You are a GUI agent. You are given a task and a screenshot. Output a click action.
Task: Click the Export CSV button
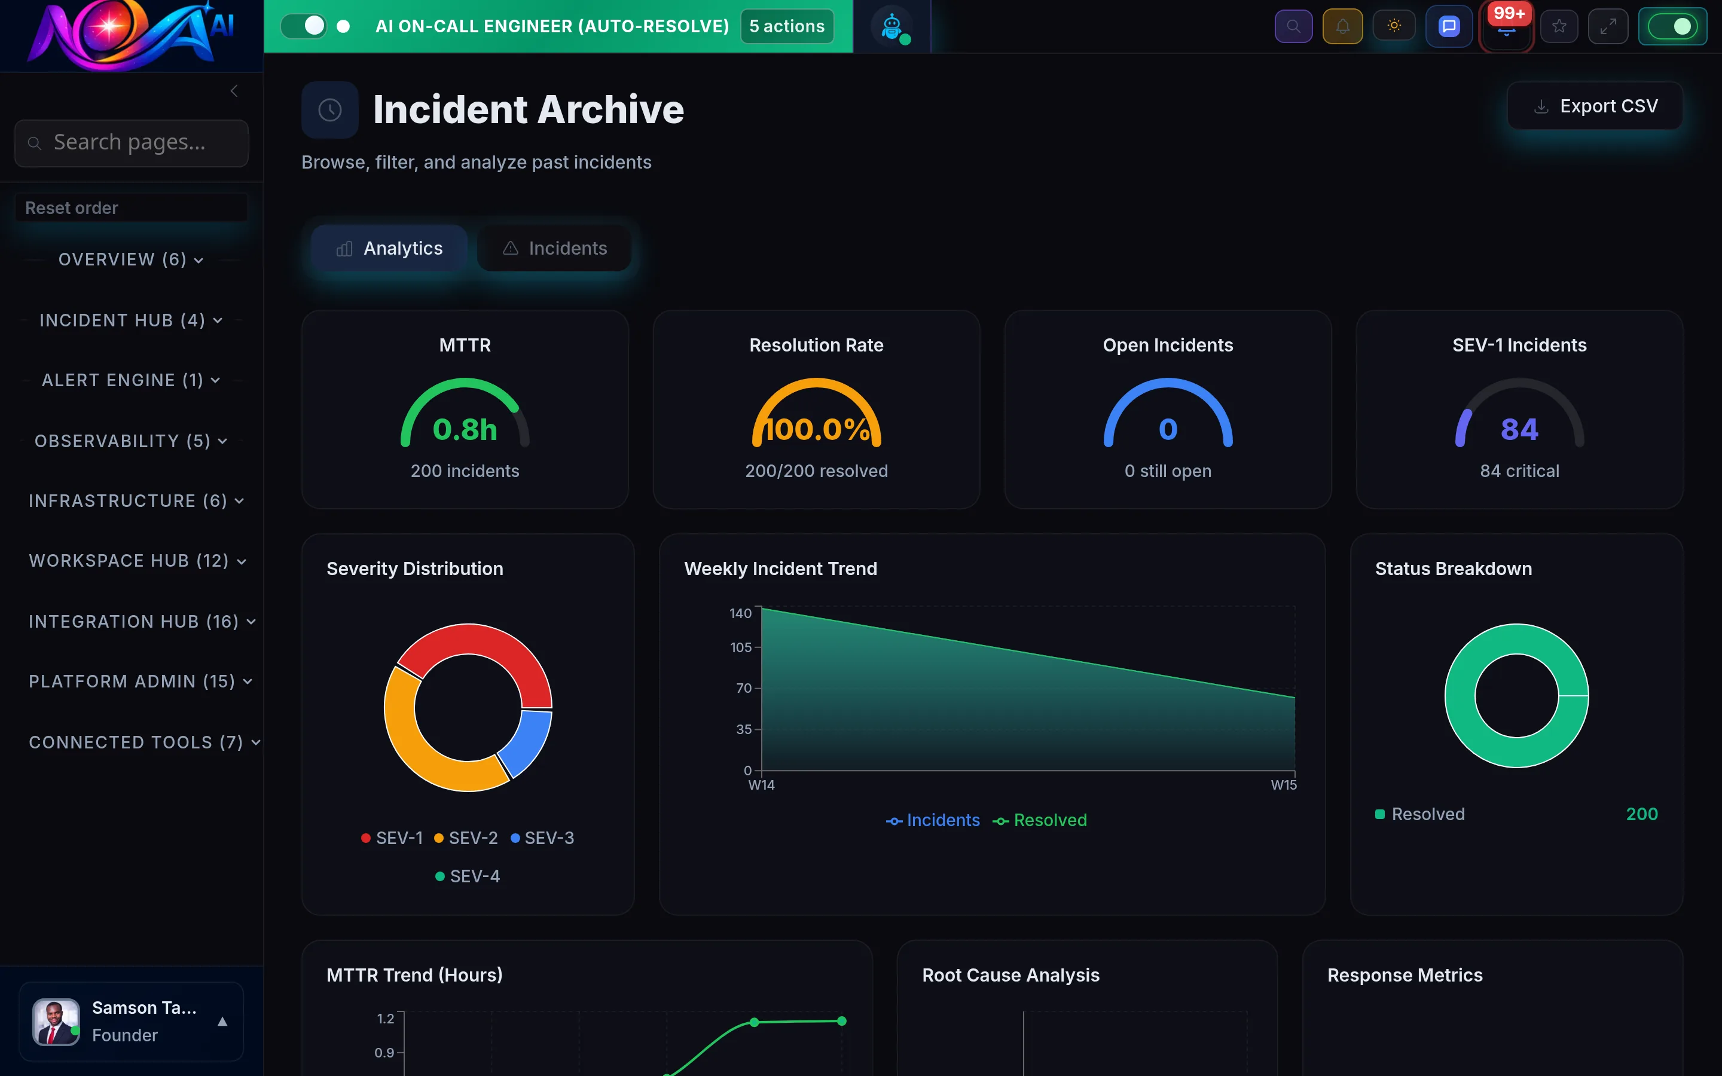point(1595,106)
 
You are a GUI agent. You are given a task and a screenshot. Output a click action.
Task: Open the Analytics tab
point(389,248)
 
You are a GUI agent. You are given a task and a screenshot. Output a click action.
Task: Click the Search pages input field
point(131,142)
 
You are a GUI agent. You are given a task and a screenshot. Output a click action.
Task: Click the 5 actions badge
point(786,26)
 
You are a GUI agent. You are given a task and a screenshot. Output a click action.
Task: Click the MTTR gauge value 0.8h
point(465,429)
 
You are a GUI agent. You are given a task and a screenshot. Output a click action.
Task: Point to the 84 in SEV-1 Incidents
point(1519,429)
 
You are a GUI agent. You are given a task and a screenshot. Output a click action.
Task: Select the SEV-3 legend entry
point(542,838)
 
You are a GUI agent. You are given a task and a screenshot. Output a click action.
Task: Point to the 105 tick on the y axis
point(740,647)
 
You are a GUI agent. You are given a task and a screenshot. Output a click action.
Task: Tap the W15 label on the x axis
point(1284,785)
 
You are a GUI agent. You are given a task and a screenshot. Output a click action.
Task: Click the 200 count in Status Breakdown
point(1642,814)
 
